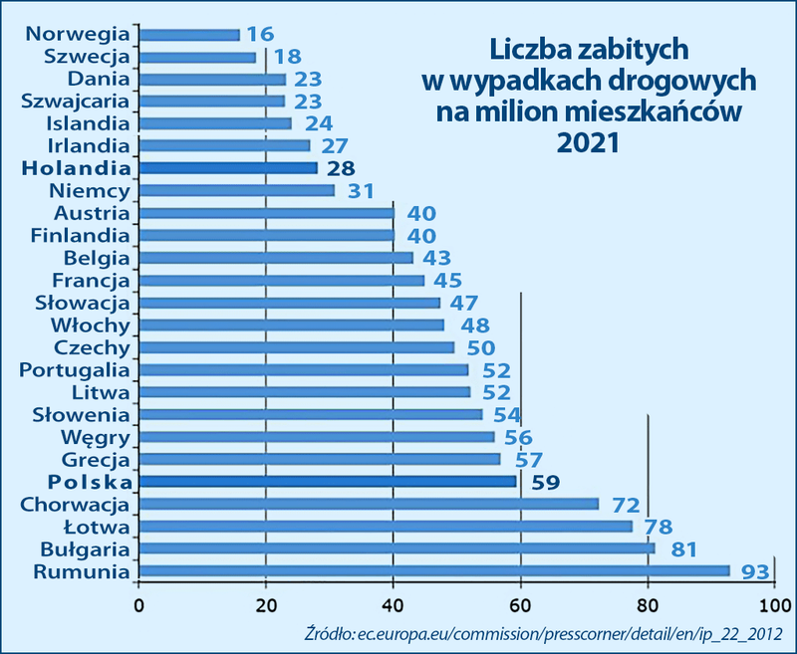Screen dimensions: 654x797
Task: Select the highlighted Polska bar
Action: coord(328,482)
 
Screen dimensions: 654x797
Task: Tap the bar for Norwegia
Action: coord(189,34)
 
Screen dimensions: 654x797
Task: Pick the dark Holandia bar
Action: coord(228,168)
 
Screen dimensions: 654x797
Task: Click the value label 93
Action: coord(753,571)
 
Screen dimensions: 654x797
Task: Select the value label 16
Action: coord(261,35)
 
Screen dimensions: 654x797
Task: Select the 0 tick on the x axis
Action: coord(138,604)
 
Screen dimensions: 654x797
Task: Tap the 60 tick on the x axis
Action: coord(520,604)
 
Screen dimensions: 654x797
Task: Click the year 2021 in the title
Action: coord(590,142)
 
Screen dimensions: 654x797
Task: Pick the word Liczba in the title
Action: coord(529,48)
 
